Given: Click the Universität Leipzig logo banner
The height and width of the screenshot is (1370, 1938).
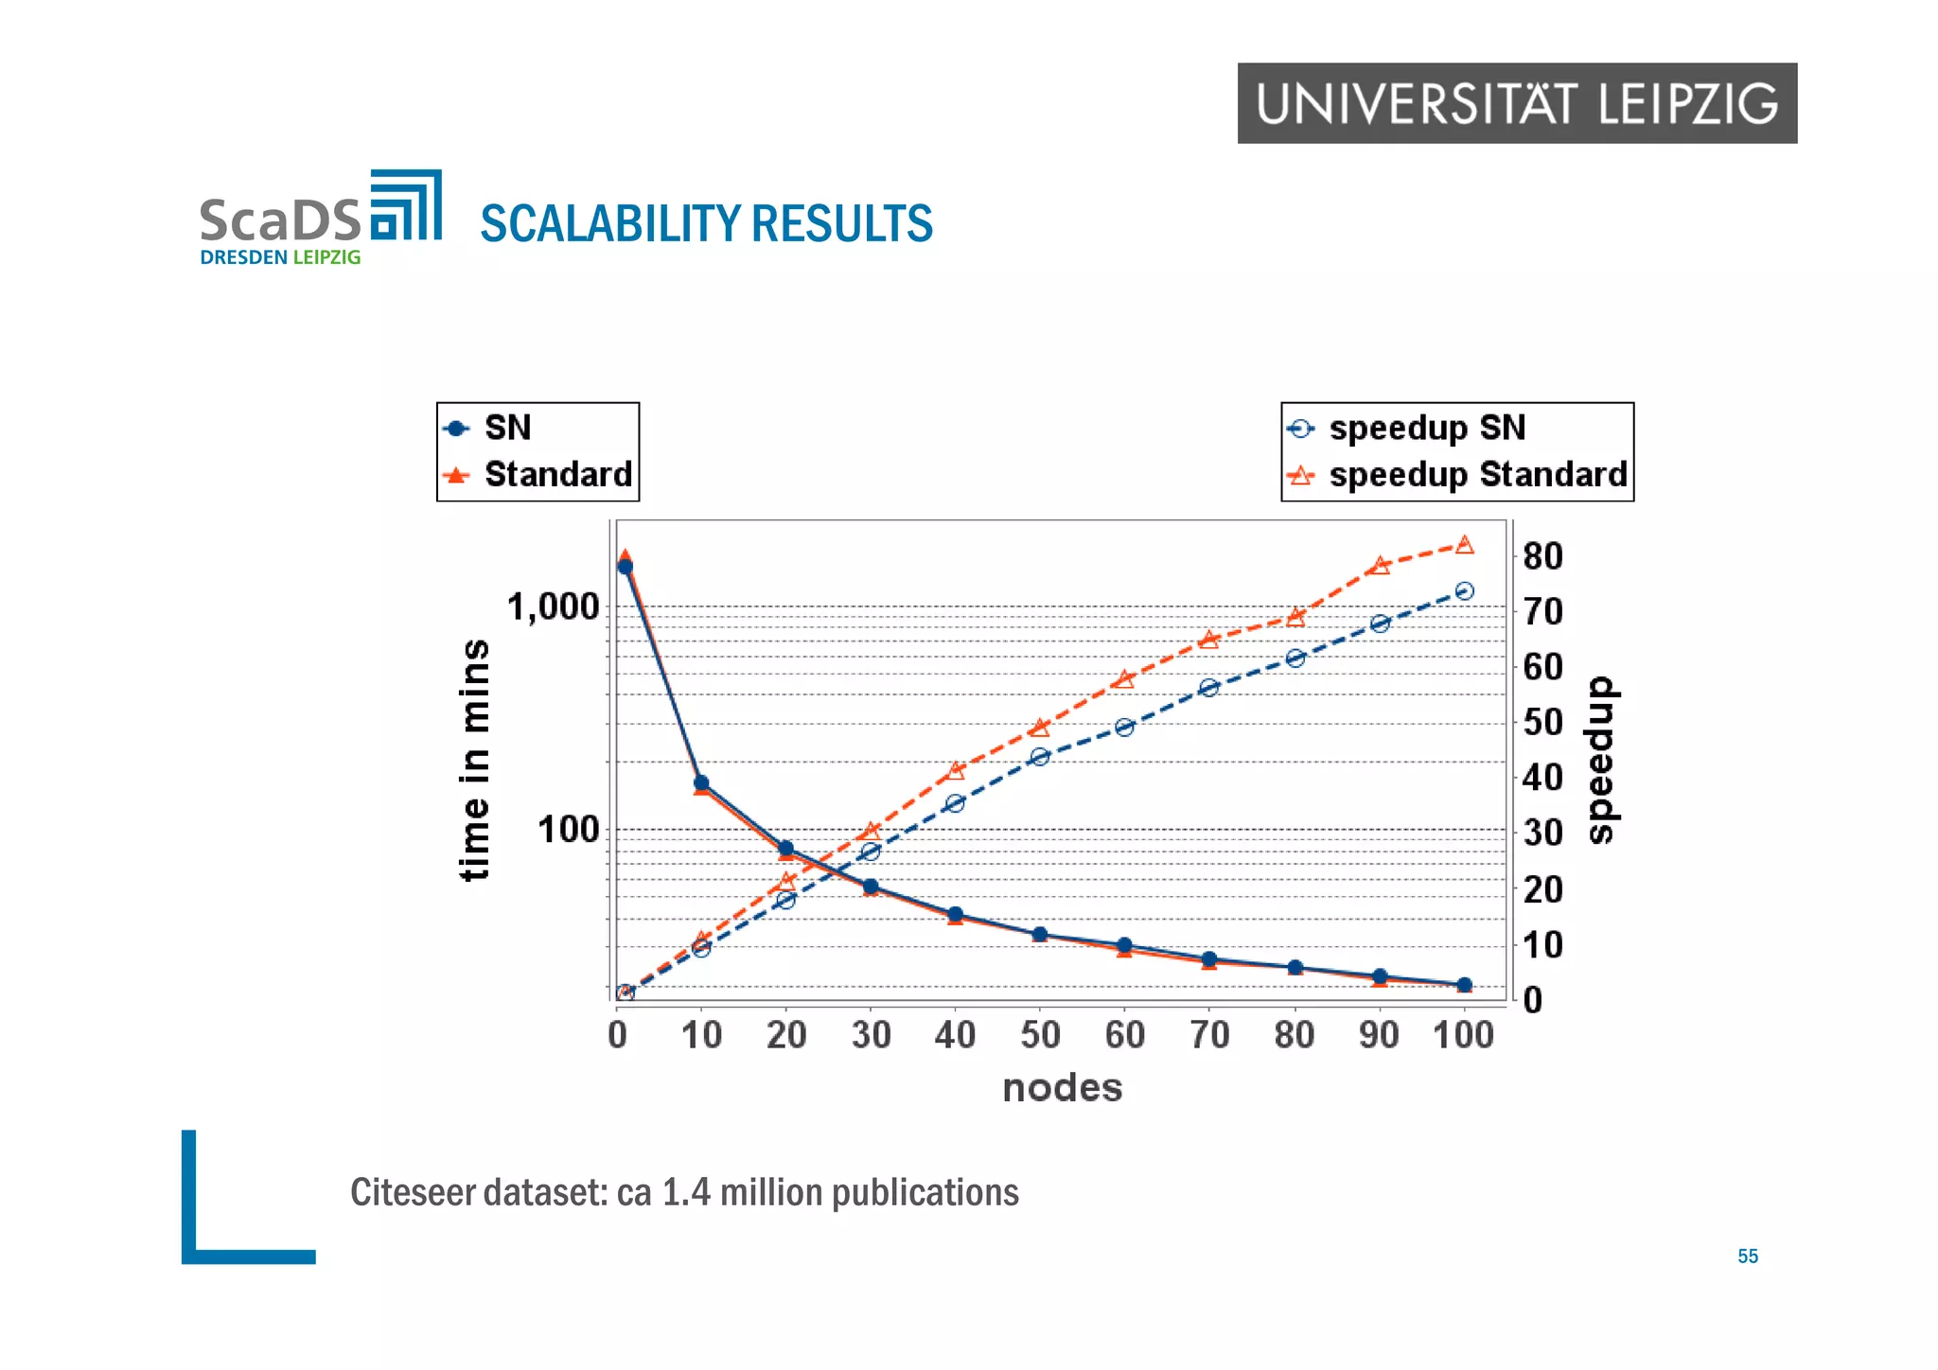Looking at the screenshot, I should pyautogui.click(x=1516, y=103).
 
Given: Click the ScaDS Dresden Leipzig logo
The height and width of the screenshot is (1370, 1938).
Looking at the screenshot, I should pyautogui.click(x=320, y=219).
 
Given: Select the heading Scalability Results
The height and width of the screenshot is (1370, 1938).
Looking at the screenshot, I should pyautogui.click(x=706, y=224).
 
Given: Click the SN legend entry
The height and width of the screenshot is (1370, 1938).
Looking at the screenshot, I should pyautogui.click(x=507, y=428).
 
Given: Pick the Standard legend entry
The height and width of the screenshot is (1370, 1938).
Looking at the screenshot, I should pyautogui.click(x=557, y=474).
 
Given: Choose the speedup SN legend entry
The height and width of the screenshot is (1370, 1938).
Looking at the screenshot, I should pyautogui.click(x=1426, y=428).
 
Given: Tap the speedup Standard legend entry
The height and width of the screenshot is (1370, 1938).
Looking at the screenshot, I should pyautogui.click(x=1476, y=474).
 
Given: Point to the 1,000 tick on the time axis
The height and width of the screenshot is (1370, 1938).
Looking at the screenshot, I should pyautogui.click(x=554, y=606).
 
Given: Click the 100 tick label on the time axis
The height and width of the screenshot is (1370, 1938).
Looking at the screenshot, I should pyautogui.click(x=568, y=830).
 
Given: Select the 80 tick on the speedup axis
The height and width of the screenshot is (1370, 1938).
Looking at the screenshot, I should pyautogui.click(x=1542, y=556).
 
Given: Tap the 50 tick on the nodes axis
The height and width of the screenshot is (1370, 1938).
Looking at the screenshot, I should pyautogui.click(x=1040, y=1035).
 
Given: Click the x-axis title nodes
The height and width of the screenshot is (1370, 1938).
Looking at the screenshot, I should pyautogui.click(x=1062, y=1088).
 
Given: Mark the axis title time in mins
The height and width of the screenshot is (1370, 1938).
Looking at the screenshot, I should pyautogui.click(x=475, y=760).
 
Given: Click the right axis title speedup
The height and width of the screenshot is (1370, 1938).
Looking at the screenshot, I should pyautogui.click(x=1601, y=760).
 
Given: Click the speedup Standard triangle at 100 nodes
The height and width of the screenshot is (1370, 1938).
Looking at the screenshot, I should pyautogui.click(x=1464, y=544).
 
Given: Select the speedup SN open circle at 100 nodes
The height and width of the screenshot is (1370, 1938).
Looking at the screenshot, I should pyautogui.click(x=1464, y=591).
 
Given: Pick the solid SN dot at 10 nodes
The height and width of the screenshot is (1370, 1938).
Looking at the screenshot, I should pyautogui.click(x=701, y=782).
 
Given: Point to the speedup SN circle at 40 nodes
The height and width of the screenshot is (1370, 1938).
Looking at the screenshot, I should pyautogui.click(x=955, y=803).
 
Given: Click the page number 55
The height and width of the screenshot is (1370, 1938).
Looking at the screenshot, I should pyautogui.click(x=1747, y=1256).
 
